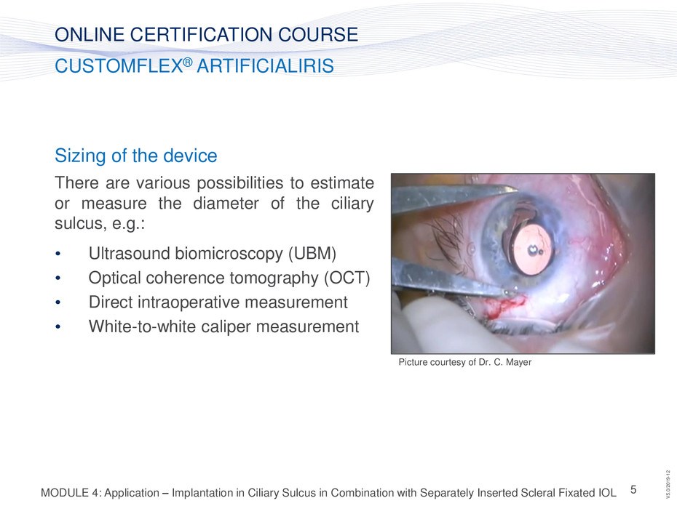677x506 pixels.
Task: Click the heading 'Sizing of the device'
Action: (135, 156)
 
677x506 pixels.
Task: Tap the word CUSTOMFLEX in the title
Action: (119, 66)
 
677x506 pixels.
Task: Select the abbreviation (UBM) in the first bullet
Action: (312, 254)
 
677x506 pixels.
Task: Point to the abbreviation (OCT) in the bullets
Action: (347, 278)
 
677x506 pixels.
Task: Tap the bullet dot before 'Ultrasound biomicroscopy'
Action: (58, 254)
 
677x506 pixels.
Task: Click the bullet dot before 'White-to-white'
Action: (58, 327)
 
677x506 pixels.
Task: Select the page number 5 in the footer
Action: (633, 489)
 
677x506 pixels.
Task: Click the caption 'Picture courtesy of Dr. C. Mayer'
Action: (464, 362)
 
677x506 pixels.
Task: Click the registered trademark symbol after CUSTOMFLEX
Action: (187, 62)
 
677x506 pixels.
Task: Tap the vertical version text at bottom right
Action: (668, 484)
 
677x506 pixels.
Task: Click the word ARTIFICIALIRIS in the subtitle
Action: (266, 66)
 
